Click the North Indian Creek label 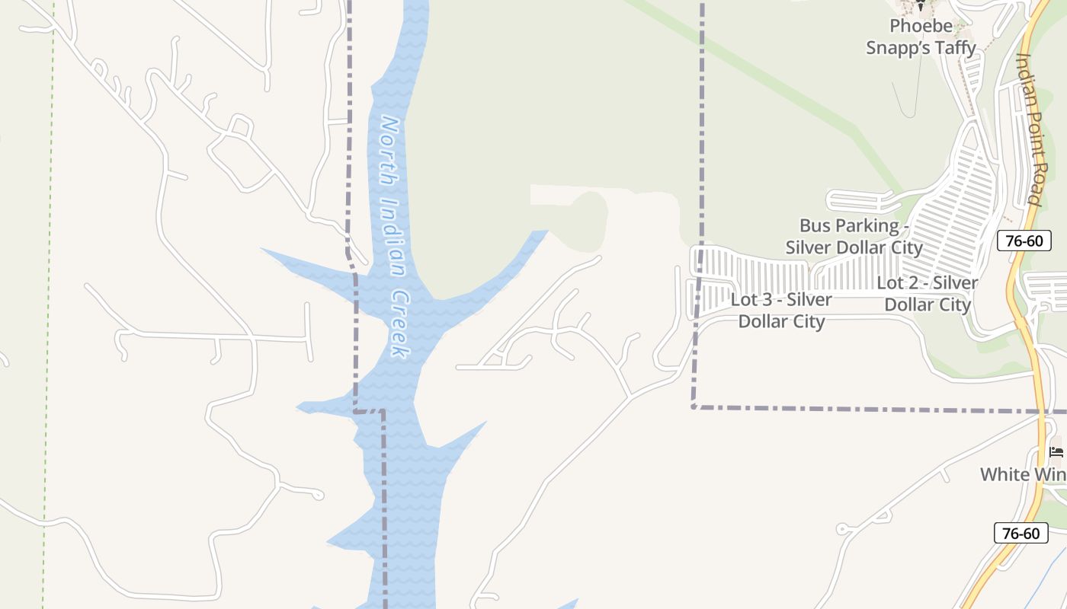tap(395, 236)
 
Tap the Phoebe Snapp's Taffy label tap(921, 37)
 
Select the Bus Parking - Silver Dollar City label tap(854, 236)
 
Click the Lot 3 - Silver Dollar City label tap(782, 310)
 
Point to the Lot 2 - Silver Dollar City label tap(928, 293)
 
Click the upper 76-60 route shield tap(1024, 241)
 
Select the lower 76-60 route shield tap(1021, 533)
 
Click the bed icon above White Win tap(1056, 452)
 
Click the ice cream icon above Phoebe tap(920, 6)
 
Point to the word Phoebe tap(921, 26)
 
